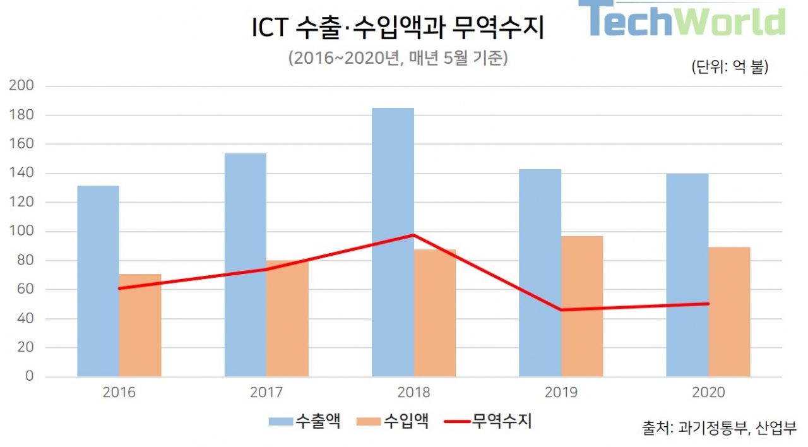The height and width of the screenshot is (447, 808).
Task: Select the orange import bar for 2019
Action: tap(582, 306)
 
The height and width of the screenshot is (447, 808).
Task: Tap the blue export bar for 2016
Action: tap(98, 281)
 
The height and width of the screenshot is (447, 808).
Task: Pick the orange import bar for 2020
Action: tap(729, 312)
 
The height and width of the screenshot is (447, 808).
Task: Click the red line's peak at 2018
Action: tap(413, 235)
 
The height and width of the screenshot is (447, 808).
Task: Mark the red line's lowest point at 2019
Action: tap(561, 310)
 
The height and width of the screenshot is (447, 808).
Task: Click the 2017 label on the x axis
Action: tap(266, 393)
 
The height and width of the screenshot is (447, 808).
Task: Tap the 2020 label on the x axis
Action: tap(708, 393)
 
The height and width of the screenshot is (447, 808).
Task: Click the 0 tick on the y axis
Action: tap(29, 377)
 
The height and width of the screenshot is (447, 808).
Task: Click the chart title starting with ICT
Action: tap(398, 28)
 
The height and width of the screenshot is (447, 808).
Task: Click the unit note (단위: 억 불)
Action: tap(730, 67)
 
